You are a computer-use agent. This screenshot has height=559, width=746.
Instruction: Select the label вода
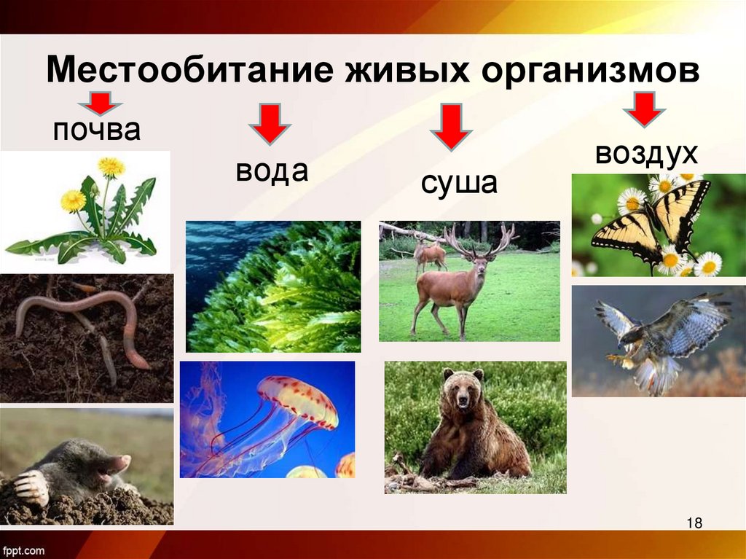point(272,171)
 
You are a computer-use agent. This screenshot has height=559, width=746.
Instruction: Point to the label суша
point(458,183)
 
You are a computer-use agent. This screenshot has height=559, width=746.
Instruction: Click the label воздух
point(646,154)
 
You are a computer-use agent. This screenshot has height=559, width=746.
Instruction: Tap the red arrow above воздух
point(643,109)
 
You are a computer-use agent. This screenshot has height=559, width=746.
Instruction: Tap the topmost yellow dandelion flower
point(111,167)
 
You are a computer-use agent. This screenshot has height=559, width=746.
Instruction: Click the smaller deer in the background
point(429,254)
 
